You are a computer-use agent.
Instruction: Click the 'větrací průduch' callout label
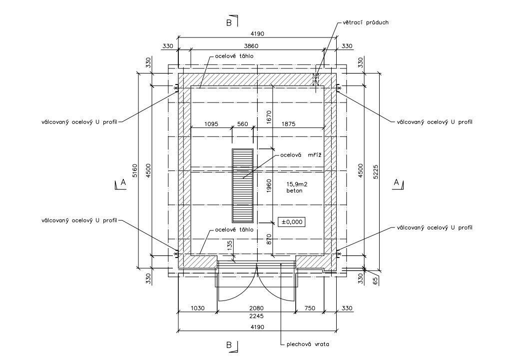tap(366, 23)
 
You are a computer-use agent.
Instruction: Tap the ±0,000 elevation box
tap(292, 222)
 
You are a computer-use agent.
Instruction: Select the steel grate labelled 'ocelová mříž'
tap(243, 185)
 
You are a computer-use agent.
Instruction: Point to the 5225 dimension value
tap(376, 171)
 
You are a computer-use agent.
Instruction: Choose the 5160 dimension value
tap(136, 170)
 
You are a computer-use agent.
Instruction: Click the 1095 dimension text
tap(211, 124)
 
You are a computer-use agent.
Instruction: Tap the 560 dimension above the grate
tap(243, 124)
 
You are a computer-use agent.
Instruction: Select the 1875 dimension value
tap(288, 124)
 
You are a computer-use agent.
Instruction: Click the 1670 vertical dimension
tap(269, 117)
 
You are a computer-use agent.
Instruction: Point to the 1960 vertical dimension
tap(269, 186)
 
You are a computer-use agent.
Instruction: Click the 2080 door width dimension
tap(256, 308)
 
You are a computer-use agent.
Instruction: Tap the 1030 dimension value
tap(197, 308)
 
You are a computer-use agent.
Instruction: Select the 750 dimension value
tap(309, 308)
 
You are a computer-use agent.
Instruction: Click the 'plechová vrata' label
tap(307, 344)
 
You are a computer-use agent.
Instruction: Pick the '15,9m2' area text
tap(297, 184)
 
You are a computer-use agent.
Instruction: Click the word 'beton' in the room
tap(294, 190)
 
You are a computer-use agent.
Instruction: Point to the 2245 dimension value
tap(256, 315)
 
